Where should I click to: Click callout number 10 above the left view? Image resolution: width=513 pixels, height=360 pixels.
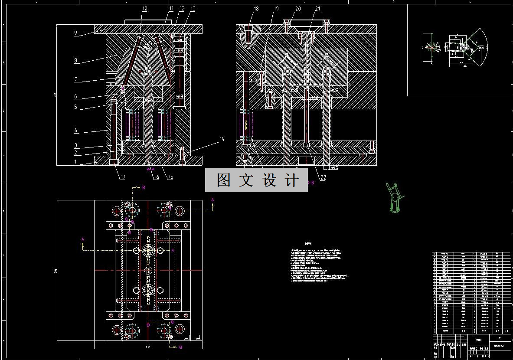coord(145,9)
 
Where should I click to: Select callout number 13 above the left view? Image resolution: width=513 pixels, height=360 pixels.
coord(193,9)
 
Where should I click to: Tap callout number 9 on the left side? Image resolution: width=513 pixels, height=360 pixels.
coord(75,33)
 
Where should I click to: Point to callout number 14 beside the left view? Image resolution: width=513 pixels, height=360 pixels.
coord(222,140)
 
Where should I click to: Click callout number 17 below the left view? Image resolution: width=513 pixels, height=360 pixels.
coord(123,177)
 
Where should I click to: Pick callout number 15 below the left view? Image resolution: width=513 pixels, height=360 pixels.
coord(170,177)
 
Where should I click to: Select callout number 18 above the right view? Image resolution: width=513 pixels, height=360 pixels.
coord(256,9)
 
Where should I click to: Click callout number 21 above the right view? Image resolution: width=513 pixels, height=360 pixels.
coord(317,9)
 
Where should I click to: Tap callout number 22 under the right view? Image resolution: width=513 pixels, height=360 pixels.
coord(323,177)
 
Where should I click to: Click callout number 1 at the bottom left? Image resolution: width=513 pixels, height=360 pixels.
coord(75,162)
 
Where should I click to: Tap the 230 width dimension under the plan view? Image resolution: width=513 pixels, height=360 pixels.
coord(147,347)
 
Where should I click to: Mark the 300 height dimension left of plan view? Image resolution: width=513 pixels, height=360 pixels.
coord(56,271)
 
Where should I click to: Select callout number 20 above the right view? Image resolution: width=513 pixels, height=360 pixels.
coord(298,9)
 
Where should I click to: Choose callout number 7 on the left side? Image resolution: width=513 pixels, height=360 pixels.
coord(75,80)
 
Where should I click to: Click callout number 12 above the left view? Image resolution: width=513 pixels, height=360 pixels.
coord(182,9)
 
